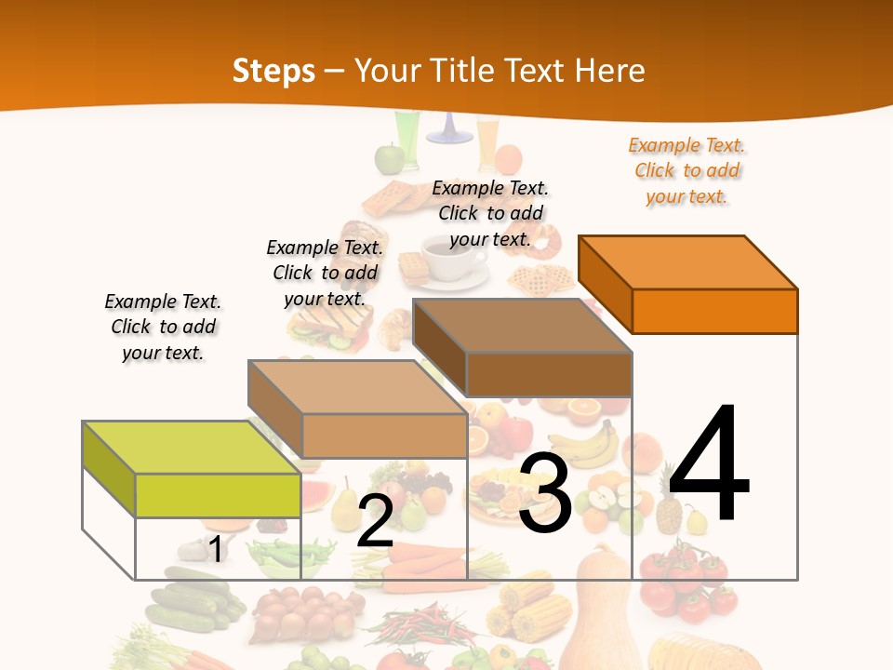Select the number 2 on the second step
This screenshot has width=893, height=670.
tap(375, 521)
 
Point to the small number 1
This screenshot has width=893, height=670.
tap(215, 549)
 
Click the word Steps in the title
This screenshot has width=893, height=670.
tap(273, 71)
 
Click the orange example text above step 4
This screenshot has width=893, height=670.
tap(686, 171)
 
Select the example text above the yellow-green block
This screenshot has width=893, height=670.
tap(163, 327)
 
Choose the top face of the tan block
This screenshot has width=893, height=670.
tap(357, 387)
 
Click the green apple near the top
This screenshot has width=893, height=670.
tap(388, 158)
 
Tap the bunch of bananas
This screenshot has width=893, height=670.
tap(586, 446)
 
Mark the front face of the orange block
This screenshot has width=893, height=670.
tap(714, 311)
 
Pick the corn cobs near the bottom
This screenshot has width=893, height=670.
tap(540, 610)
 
